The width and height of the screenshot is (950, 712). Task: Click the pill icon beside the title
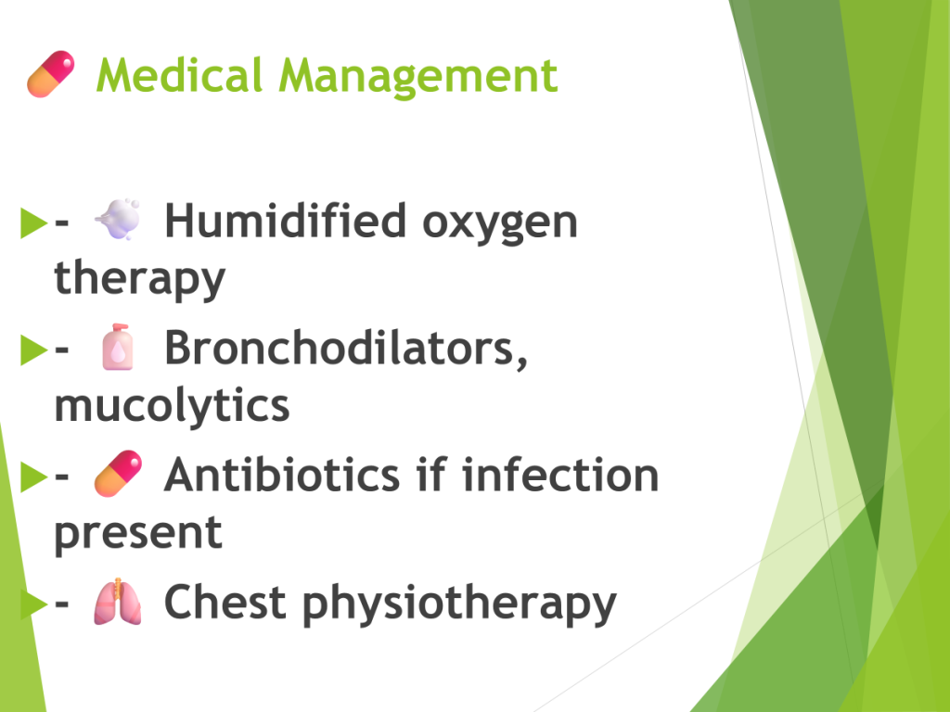point(51,74)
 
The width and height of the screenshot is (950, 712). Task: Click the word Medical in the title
point(179,75)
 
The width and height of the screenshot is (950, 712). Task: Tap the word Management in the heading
point(418,78)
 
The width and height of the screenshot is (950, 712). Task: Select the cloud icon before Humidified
point(118,219)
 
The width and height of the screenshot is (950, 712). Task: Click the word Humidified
point(286,221)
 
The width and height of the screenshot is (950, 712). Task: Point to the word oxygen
point(500,225)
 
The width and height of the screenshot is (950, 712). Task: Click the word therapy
point(139,280)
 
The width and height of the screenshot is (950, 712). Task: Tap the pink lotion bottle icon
point(118,347)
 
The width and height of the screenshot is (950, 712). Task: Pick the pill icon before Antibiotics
point(118,474)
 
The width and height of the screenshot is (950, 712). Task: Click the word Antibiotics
point(282,475)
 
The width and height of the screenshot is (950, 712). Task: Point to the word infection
point(560,475)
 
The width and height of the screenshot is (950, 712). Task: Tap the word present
point(138,534)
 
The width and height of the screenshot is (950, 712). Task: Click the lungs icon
point(118,601)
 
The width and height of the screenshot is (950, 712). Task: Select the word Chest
point(225,602)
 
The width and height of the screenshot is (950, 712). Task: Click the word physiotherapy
point(459,604)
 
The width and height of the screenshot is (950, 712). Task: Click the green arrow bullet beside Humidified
point(33,222)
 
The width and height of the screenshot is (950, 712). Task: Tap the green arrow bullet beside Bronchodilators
point(33,350)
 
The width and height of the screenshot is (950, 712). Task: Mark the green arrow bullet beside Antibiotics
point(33,476)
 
